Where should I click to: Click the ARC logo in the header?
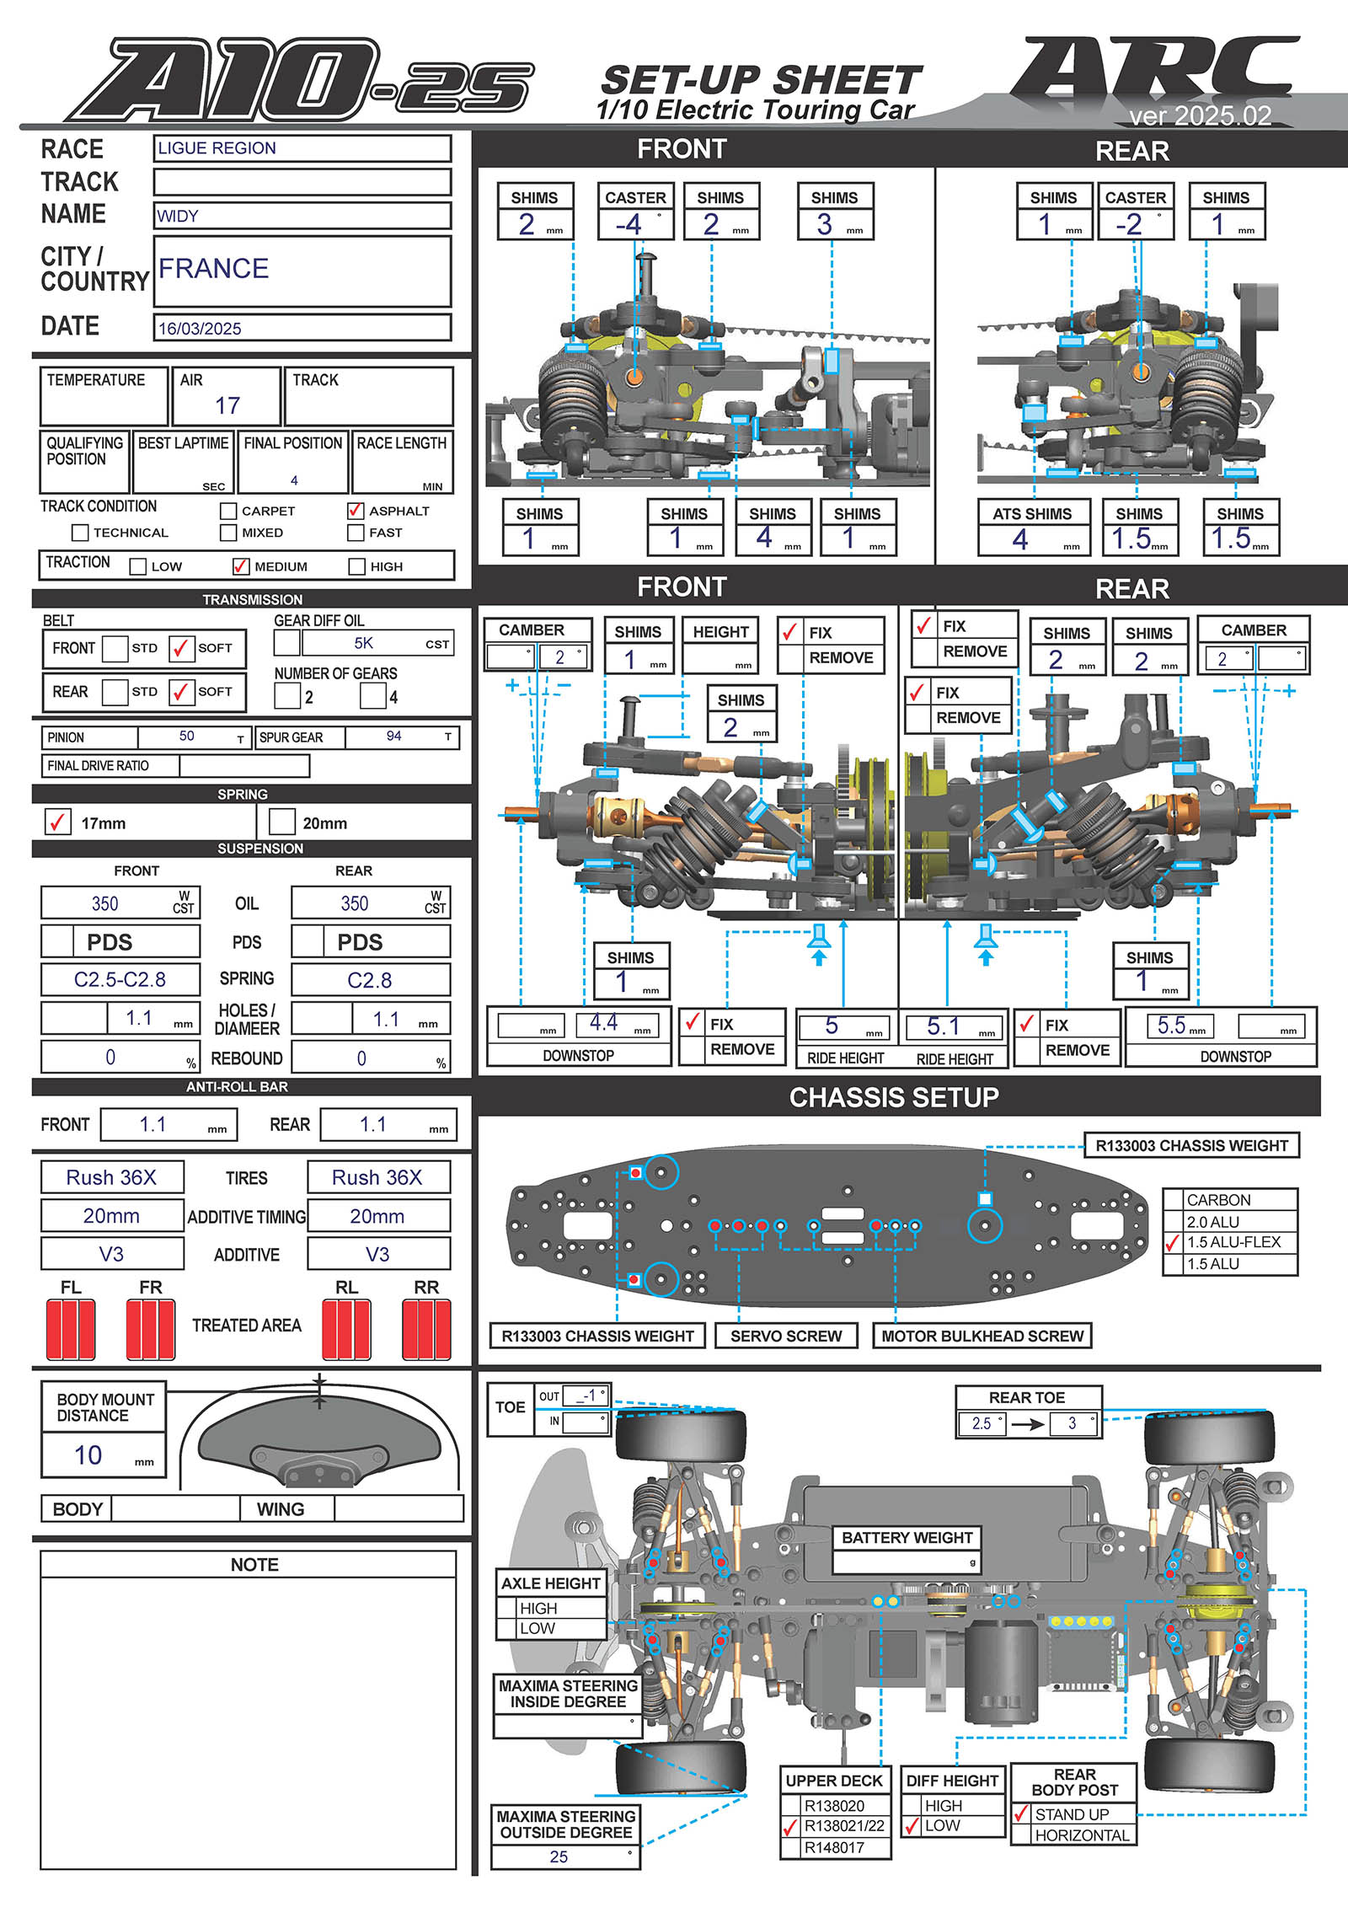[1154, 72]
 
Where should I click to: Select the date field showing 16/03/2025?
[200, 329]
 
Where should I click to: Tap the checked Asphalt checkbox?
[355, 511]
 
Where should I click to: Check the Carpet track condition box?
[228, 512]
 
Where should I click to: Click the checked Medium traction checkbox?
[241, 566]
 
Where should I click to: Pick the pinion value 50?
[187, 737]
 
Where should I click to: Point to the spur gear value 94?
[393, 737]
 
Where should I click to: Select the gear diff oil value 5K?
[364, 643]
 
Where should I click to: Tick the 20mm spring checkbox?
[281, 822]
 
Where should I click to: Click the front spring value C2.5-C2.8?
[120, 980]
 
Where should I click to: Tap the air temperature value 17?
[227, 405]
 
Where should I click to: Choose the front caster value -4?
[629, 225]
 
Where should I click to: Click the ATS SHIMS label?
[1032, 514]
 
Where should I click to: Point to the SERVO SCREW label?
[785, 1336]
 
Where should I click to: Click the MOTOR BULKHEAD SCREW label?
[982, 1336]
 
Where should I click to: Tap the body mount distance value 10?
[88, 1455]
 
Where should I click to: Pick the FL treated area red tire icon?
[71, 1329]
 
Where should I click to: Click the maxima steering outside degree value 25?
[559, 1856]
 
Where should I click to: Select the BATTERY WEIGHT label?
[907, 1538]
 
